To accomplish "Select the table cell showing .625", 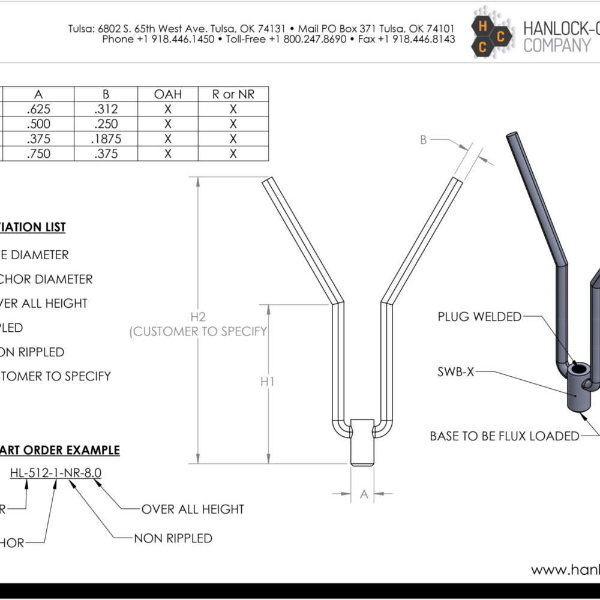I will (39, 109).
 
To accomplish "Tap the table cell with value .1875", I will (106, 139).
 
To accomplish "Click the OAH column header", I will (168, 94).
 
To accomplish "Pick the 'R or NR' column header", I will (233, 94).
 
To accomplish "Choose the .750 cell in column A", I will (39, 154).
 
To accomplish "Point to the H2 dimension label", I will (198, 316).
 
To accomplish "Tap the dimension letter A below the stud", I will (363, 494).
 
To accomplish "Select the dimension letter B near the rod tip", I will (423, 140).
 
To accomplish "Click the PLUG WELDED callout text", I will (479, 317).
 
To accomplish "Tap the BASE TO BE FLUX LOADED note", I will (505, 436).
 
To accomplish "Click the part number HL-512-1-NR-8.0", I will (56, 473).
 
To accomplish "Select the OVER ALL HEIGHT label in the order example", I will (193, 509).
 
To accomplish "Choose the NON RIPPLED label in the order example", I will (173, 538).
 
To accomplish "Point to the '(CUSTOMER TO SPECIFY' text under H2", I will (198, 331).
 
